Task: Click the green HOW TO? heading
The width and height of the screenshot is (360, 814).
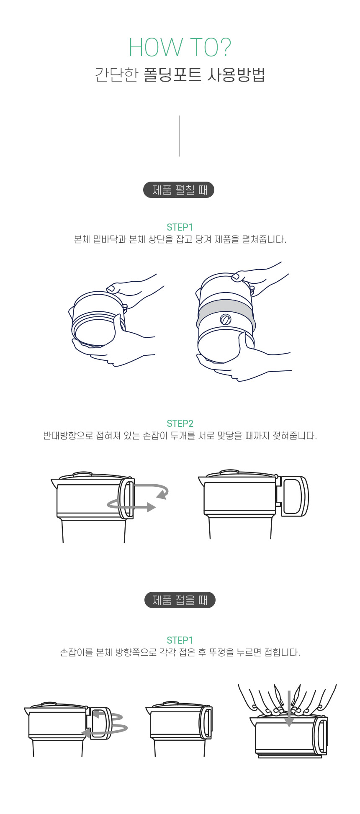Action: [x=180, y=48]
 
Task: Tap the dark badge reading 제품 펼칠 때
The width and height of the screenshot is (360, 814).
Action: [x=179, y=190]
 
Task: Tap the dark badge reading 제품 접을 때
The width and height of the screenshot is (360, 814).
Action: [x=180, y=600]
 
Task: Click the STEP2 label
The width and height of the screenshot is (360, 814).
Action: [x=180, y=424]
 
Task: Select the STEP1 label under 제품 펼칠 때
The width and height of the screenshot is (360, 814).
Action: [x=180, y=227]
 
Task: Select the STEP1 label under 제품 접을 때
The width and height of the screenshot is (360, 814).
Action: [x=180, y=640]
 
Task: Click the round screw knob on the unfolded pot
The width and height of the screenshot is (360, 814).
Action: [x=226, y=319]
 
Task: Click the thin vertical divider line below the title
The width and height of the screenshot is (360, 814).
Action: [x=180, y=136]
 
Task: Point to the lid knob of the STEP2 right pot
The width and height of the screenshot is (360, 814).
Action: [x=230, y=472]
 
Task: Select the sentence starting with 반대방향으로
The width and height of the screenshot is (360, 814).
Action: [x=180, y=436]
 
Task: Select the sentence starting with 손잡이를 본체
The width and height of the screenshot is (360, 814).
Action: [x=180, y=652]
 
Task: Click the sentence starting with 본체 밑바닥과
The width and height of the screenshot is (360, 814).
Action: [x=180, y=239]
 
